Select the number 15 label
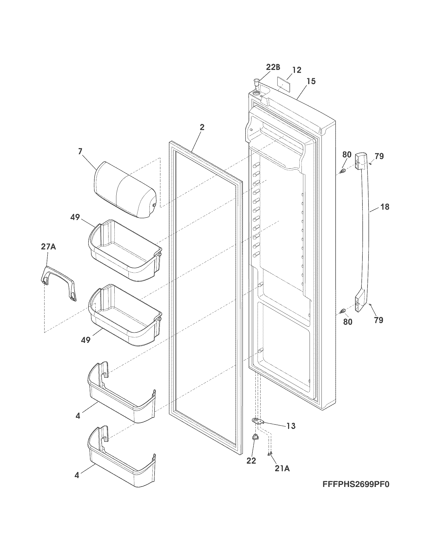tap(311, 81)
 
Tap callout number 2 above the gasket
tap(202, 127)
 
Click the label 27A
tap(48, 247)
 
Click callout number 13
tap(291, 426)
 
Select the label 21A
tap(282, 468)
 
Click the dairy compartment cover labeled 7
tap(124, 189)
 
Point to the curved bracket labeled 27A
tap(58, 283)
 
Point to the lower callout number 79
tap(379, 320)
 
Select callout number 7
tap(80, 151)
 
